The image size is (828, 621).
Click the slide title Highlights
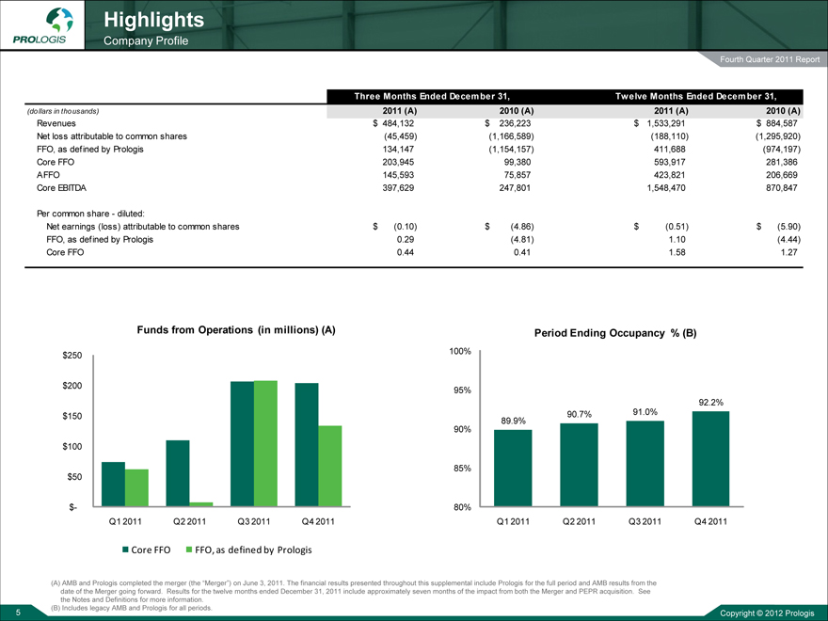pos(153,19)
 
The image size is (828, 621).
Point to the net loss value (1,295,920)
pos(770,135)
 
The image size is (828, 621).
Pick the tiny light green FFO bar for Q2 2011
pos(201,503)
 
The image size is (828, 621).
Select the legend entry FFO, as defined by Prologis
pos(248,549)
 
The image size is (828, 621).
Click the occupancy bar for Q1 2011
pos(513,469)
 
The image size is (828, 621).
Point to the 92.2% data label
pos(710,403)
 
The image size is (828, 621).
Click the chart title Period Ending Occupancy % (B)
pos(614,332)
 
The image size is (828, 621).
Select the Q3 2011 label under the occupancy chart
pos(645,522)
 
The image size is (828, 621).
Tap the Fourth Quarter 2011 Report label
pos(771,61)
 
